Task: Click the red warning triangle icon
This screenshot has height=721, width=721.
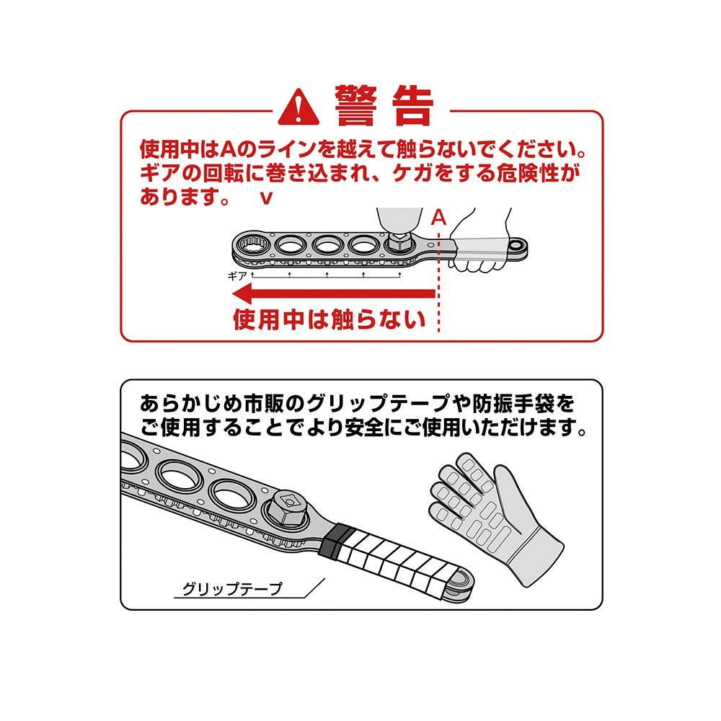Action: (299, 107)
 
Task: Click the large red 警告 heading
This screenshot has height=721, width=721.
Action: (384, 105)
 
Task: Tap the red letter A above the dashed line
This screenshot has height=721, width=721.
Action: (438, 218)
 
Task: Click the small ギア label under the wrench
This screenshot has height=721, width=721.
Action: (238, 276)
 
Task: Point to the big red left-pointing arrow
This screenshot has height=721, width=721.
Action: (334, 293)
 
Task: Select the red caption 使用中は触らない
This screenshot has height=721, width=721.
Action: (329, 319)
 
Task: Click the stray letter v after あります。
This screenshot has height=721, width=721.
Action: (266, 198)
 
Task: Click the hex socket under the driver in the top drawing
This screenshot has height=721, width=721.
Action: (399, 242)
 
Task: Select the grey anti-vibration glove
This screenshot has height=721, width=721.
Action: (497, 516)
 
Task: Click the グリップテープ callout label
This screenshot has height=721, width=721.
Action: (232, 588)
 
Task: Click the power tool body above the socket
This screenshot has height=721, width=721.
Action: (399, 219)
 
